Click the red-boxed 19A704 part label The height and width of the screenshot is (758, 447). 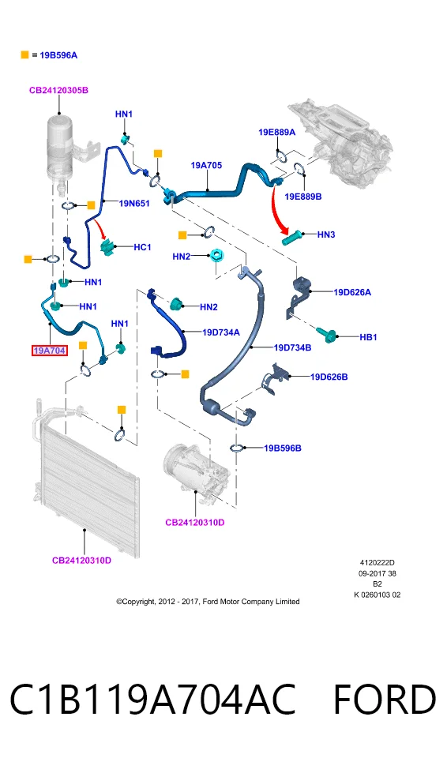(49, 351)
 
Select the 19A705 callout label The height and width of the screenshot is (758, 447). (206, 165)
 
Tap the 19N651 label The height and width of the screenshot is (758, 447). (134, 204)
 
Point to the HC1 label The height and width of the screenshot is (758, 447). (142, 247)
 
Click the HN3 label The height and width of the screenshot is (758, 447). (326, 235)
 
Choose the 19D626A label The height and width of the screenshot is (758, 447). (352, 292)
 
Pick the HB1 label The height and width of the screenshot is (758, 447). (368, 337)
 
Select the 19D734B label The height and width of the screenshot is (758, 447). (292, 347)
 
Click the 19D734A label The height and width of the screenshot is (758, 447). (220, 332)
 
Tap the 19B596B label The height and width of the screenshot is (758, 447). (282, 448)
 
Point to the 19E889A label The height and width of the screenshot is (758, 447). (276, 132)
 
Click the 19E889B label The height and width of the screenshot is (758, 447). (302, 197)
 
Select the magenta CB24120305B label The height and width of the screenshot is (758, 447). (58, 90)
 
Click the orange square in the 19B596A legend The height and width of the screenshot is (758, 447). (24, 54)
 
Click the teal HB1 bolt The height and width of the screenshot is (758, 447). (327, 335)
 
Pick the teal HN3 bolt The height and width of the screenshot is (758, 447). (293, 238)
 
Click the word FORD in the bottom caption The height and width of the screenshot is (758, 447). (385, 700)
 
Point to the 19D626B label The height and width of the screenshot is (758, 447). (329, 377)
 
